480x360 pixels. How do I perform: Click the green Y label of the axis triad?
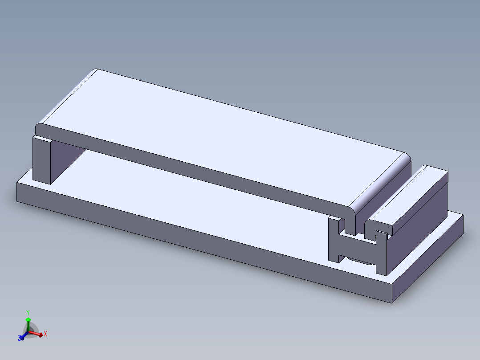(28, 312)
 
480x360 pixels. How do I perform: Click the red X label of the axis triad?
(45, 334)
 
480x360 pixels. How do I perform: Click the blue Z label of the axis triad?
(20, 339)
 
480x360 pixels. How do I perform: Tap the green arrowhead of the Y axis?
(28, 320)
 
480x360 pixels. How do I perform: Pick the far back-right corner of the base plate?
(463, 216)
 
